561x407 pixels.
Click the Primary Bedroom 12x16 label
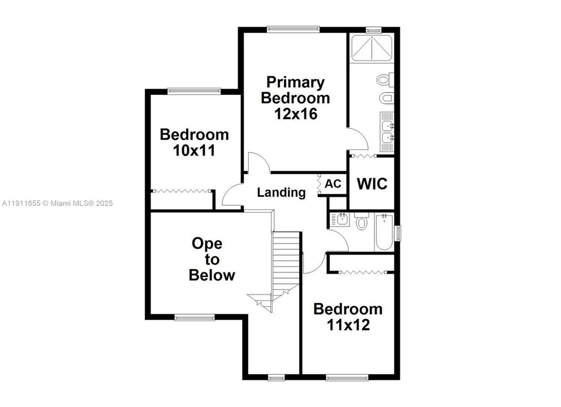pyautogui.click(x=295, y=97)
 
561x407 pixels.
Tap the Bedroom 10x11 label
pyautogui.click(x=194, y=142)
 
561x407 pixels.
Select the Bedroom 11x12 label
pyautogui.click(x=348, y=317)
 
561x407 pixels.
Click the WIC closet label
pyautogui.click(x=372, y=184)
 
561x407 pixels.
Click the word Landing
pyautogui.click(x=281, y=192)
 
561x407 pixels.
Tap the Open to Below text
pyautogui.click(x=212, y=259)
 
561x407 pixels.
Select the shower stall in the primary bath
pyautogui.click(x=372, y=48)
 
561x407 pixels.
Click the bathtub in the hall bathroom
pyautogui.click(x=383, y=232)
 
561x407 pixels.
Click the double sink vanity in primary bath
pyautogui.click(x=387, y=132)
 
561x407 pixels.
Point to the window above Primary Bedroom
pyautogui.click(x=294, y=29)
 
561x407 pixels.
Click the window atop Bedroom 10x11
pyautogui.click(x=194, y=90)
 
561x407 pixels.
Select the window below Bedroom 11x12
pyautogui.click(x=348, y=376)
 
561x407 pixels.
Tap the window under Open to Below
pyautogui.click(x=195, y=318)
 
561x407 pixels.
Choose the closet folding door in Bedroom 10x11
pyautogui.click(x=182, y=192)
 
